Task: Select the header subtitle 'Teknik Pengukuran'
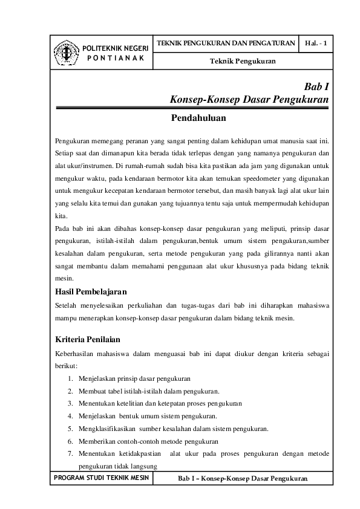[243, 62]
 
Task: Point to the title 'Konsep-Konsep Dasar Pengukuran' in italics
[249, 99]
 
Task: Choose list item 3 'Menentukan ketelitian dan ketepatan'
[155, 403]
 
